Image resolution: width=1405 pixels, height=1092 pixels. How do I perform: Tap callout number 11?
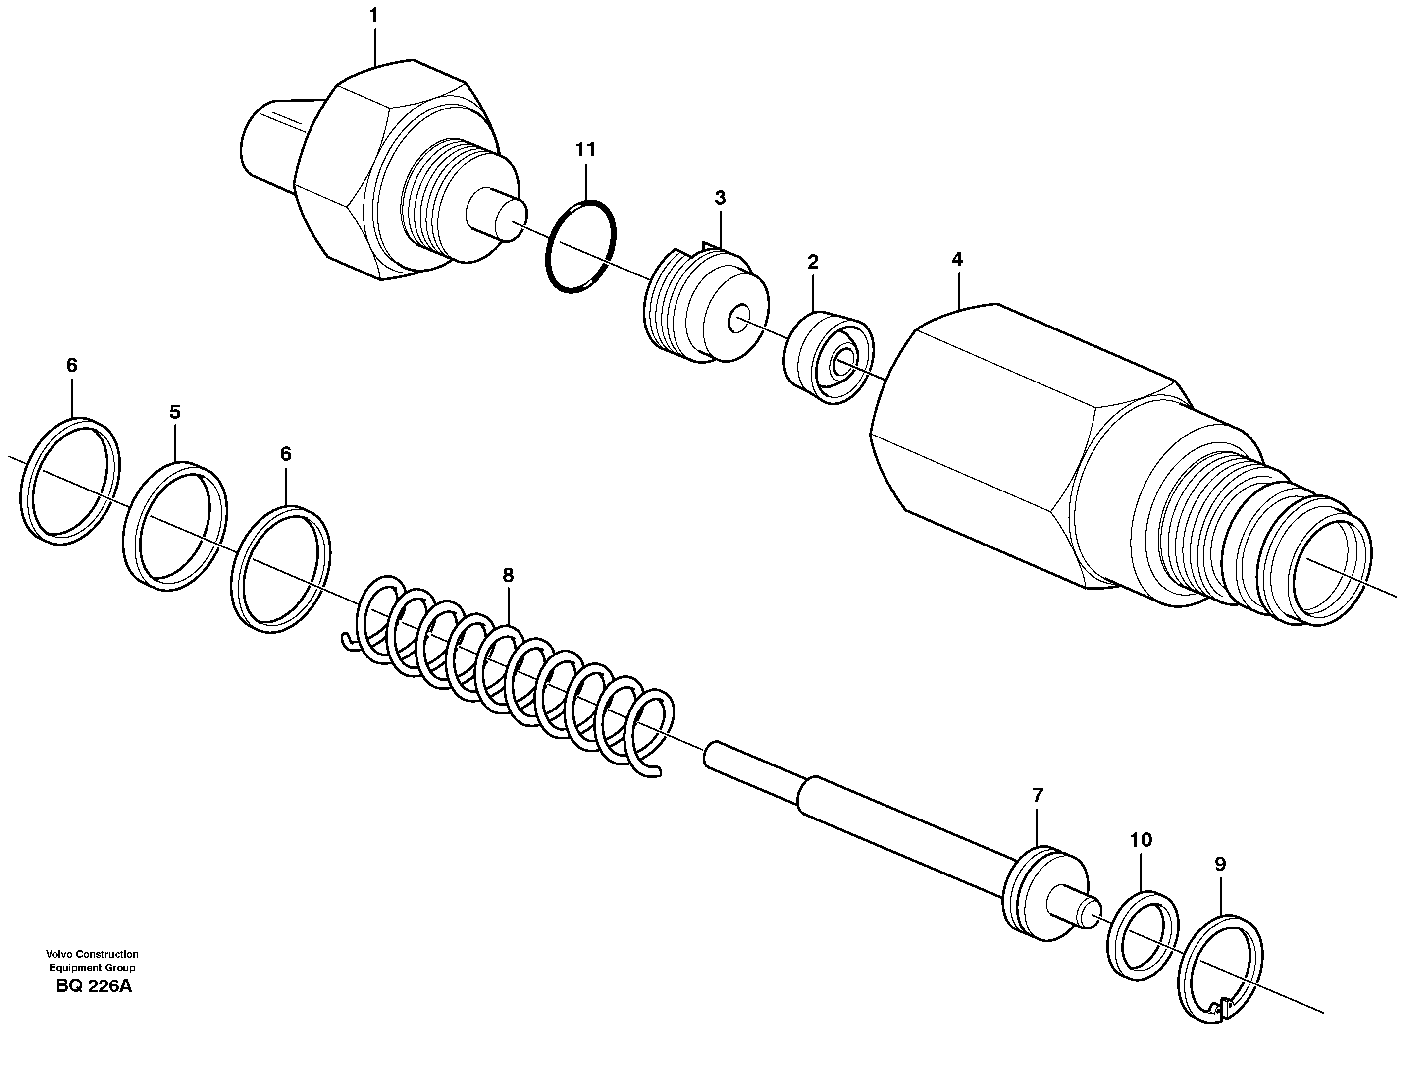tap(585, 150)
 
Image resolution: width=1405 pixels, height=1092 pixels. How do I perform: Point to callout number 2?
tap(813, 262)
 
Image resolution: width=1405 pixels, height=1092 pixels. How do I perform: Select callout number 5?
tap(175, 412)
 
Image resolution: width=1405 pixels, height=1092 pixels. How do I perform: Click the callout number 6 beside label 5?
tap(286, 454)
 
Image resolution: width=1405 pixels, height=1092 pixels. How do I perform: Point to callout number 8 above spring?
tap(508, 575)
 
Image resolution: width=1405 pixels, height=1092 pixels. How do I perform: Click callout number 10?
tap(1141, 840)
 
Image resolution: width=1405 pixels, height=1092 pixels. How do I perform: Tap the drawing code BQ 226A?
tap(94, 986)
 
